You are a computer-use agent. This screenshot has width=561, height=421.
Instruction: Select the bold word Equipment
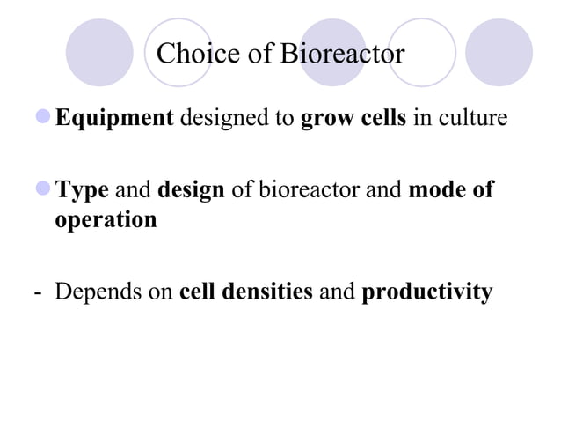pyautogui.click(x=114, y=118)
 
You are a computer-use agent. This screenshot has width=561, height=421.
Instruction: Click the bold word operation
pyautogui.click(x=106, y=219)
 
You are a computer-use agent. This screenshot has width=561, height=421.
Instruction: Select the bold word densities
pyautogui.click(x=270, y=292)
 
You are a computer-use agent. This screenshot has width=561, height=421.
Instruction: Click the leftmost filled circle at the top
pyautogui.click(x=99, y=51)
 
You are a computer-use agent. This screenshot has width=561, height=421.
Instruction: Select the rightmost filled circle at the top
pyautogui.click(x=499, y=51)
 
